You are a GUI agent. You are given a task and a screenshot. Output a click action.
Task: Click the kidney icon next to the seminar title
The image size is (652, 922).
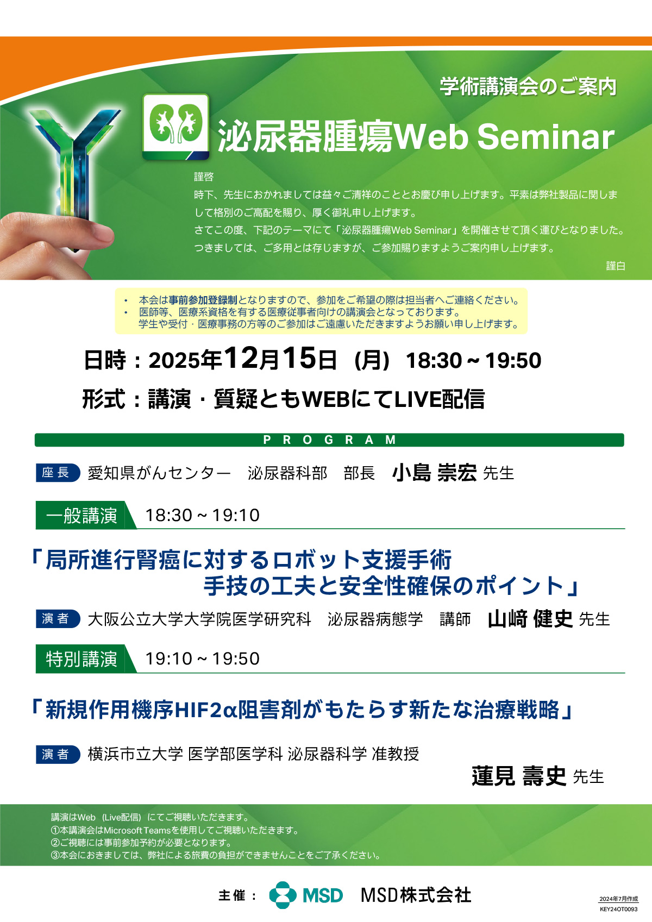click(175, 127)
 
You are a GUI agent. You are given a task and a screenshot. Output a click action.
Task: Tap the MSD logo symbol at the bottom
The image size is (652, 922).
click(283, 895)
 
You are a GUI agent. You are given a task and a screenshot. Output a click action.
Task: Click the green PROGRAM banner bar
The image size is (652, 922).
click(329, 440)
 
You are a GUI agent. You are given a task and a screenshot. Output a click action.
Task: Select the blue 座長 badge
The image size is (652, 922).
click(58, 473)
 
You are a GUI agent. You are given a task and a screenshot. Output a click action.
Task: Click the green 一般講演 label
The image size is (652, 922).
click(83, 516)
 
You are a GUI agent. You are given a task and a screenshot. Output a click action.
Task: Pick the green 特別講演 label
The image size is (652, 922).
click(83, 658)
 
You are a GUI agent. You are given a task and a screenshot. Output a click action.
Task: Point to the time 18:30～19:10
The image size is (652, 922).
click(203, 516)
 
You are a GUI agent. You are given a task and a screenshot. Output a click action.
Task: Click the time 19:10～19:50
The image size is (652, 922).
click(203, 658)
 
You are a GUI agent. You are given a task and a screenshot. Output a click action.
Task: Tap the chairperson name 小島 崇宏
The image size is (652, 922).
click(434, 473)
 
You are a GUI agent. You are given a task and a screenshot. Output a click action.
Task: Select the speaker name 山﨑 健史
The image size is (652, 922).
click(530, 619)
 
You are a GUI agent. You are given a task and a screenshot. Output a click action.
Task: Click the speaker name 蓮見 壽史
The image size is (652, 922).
click(519, 776)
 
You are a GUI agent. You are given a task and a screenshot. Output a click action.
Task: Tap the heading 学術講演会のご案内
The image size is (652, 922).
click(528, 86)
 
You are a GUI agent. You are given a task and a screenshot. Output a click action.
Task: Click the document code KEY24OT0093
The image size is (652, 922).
click(618, 909)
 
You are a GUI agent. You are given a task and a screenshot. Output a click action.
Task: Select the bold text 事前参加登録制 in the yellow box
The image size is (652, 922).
click(203, 300)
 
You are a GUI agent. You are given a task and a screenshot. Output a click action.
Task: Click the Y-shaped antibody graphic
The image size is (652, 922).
click(73, 173)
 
